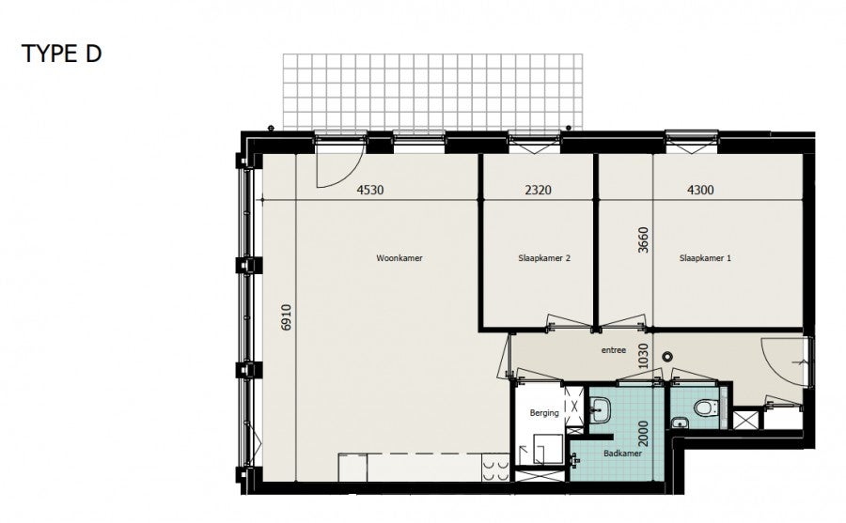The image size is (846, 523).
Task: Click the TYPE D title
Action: (61, 54)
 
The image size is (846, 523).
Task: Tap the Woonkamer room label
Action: (399, 258)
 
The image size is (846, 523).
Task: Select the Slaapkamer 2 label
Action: (544, 258)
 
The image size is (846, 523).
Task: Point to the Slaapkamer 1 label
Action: (705, 258)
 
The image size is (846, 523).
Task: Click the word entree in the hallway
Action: (614, 350)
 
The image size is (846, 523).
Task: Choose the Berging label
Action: (544, 413)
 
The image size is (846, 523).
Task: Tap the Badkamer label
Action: (622, 454)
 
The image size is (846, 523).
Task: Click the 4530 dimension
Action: (370, 190)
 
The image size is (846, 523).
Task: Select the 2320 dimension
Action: (538, 190)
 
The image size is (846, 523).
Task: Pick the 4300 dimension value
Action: (700, 190)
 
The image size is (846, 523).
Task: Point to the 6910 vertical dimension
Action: (286, 317)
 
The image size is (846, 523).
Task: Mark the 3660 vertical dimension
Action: (643, 240)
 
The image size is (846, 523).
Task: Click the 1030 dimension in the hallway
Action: (643, 357)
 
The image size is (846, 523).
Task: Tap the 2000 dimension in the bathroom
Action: (643, 434)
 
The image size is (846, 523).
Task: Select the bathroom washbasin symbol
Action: (600, 408)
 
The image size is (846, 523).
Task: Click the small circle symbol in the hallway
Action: (667, 357)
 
